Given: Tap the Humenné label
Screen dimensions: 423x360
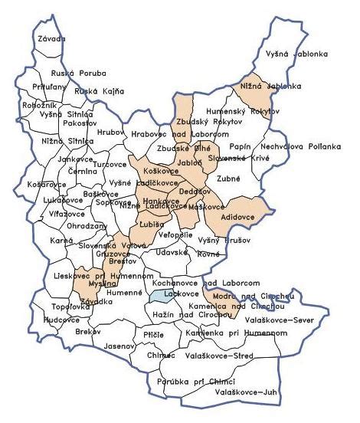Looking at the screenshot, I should [124, 293].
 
